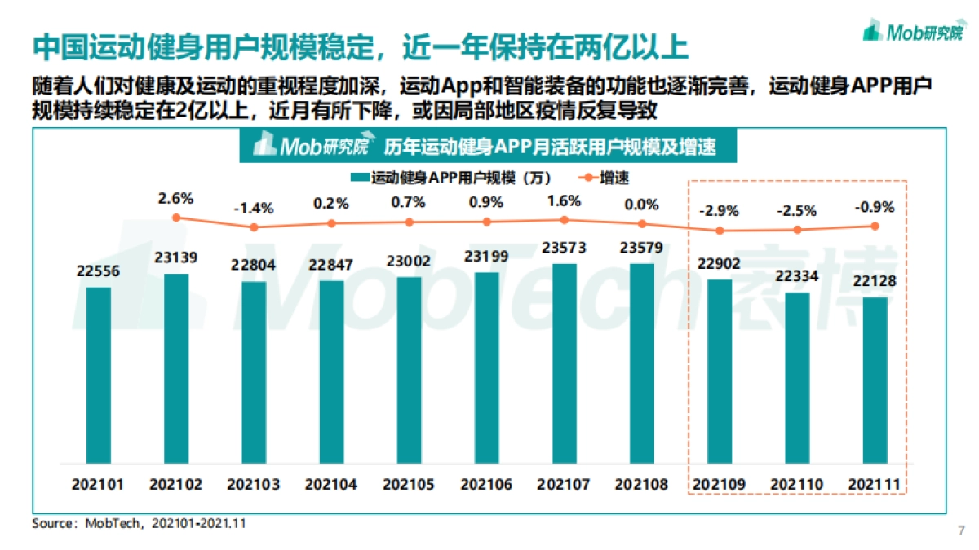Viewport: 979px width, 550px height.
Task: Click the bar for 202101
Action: click(98, 375)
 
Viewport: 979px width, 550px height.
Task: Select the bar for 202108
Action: click(642, 363)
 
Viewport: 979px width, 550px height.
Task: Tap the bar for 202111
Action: click(875, 380)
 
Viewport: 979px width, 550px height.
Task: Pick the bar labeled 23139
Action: click(176, 368)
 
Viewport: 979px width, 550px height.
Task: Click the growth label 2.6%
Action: click(176, 198)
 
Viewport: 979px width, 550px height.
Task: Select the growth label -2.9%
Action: click(720, 211)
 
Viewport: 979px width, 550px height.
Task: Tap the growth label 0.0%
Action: click(642, 205)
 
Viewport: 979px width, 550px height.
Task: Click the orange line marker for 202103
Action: click(254, 227)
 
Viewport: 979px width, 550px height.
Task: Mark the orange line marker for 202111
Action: click(875, 226)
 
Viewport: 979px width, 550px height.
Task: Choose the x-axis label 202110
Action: click(798, 485)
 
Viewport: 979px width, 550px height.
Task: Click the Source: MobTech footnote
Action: click(139, 524)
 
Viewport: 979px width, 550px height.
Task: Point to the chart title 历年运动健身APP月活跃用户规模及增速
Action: click(549, 147)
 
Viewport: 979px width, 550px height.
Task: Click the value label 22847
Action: click(331, 265)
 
